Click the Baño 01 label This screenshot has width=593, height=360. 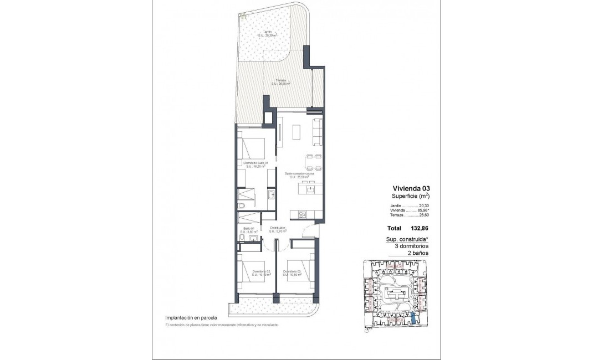[x=248, y=229]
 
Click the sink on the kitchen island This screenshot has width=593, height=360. [x=310, y=190]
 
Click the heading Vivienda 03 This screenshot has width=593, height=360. [x=410, y=188]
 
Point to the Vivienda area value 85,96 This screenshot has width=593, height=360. [x=421, y=210]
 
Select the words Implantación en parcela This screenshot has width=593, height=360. [x=191, y=318]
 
